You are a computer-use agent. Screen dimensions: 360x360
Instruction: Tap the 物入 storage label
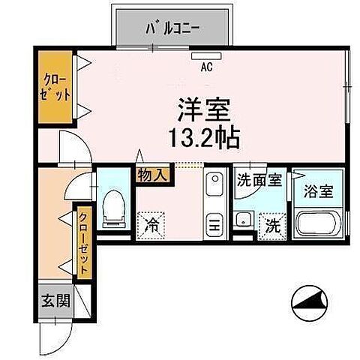[154, 175]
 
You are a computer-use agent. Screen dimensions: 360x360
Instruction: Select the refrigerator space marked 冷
[152, 223]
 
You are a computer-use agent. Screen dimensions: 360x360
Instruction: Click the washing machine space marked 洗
[269, 223]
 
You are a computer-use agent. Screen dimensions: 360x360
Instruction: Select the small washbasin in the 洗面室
[243, 220]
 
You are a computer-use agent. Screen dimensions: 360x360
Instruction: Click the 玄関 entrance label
[55, 301]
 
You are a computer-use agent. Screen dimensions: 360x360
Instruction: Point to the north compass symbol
[308, 302]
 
